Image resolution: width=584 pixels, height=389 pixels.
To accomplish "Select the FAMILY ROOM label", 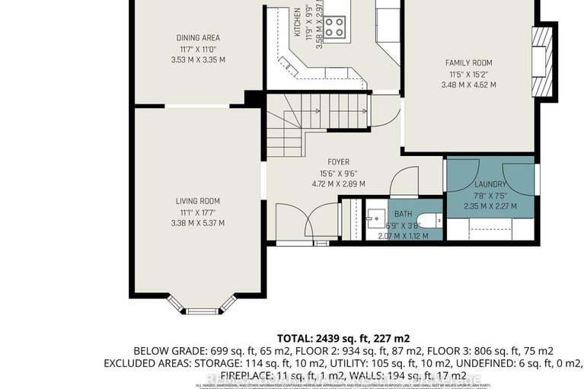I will click(x=468, y=63).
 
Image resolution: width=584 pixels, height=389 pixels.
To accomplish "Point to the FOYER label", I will click(x=338, y=162).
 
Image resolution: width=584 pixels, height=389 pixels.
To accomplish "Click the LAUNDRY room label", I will click(x=490, y=184).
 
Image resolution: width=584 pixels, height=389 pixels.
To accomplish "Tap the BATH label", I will click(x=402, y=215).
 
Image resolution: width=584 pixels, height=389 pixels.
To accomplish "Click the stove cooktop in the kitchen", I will click(x=334, y=27).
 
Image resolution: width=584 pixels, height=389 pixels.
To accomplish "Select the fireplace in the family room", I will click(x=541, y=62).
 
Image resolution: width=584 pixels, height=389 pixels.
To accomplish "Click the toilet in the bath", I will click(x=430, y=222).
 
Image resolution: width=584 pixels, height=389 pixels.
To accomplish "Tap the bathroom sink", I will click(x=375, y=221).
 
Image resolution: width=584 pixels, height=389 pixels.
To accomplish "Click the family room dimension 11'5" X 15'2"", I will click(x=468, y=74).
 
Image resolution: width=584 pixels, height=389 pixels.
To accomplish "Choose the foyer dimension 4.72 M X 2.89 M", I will click(x=338, y=183).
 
